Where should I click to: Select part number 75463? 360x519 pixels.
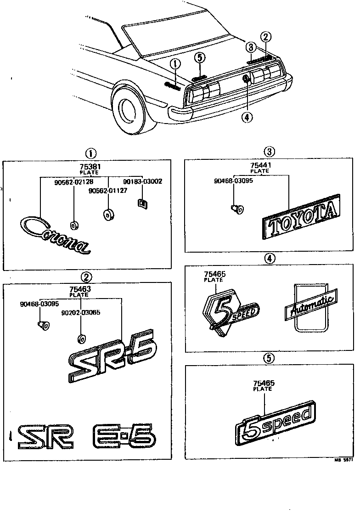tap(81, 289)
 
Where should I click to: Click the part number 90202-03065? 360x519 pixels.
tap(81, 312)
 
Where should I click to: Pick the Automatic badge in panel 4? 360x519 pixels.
tap(311, 306)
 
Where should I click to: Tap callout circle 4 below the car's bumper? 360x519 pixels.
tap(247, 117)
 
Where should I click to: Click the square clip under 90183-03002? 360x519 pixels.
tap(142, 202)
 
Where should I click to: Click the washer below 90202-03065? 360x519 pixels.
tap(81, 339)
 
